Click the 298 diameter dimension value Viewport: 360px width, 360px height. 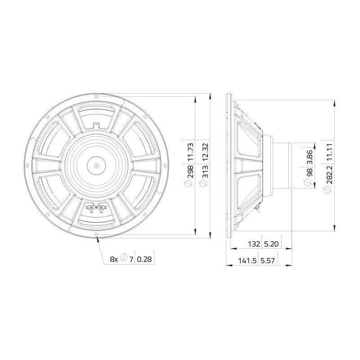190,171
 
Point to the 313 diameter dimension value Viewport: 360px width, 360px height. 205,171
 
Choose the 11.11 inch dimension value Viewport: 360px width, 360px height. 329,152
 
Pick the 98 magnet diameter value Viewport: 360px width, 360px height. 309,172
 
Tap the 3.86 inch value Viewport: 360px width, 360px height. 309,157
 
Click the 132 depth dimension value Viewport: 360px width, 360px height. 254,244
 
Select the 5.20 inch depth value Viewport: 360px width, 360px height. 271,244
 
